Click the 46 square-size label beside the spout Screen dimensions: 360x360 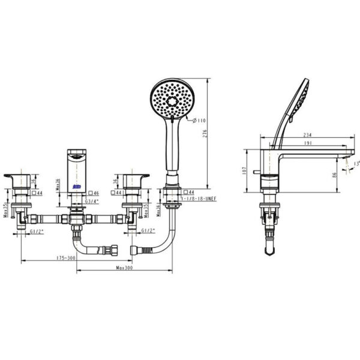click(x=96, y=193)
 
